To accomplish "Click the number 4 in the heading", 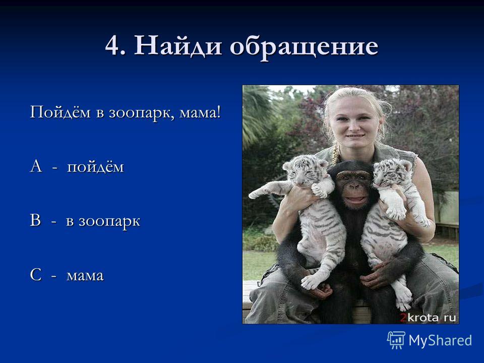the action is tap(112, 46).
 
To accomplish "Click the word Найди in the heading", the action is tap(178, 46).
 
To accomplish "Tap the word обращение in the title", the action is tap(304, 47).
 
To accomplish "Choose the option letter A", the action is tap(36, 166).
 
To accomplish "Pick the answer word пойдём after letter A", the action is tap(95, 167).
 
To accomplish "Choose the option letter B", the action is tap(35, 221).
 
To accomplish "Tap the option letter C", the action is tap(36, 275).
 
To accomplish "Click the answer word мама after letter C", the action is tap(85, 276).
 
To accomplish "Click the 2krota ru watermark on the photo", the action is tap(428, 317).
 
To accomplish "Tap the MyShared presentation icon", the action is tap(396, 340).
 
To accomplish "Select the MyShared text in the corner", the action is tap(440, 340).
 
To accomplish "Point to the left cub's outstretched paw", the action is tap(257, 194).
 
